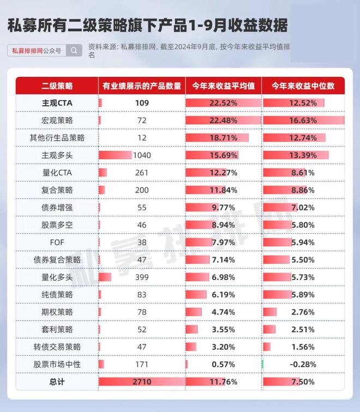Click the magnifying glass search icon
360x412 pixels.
(x=74, y=51)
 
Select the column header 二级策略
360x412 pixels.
(x=57, y=86)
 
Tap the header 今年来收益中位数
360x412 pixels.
(x=303, y=86)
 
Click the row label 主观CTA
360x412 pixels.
(x=57, y=103)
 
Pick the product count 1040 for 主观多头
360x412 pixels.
(x=142, y=155)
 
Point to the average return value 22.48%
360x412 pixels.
(x=223, y=120)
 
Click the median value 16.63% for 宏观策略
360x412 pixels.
(x=303, y=120)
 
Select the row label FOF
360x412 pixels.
(x=57, y=243)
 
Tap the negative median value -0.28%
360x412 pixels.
(x=303, y=365)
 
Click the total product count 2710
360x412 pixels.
(x=142, y=382)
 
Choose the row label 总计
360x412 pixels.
(x=57, y=382)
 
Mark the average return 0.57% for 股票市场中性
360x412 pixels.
(x=223, y=365)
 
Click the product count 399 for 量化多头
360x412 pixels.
(x=142, y=277)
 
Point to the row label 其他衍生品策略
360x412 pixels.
(x=57, y=138)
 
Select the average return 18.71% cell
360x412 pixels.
(x=223, y=138)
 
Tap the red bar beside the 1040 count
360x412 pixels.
(x=115, y=155)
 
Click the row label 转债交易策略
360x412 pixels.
(x=57, y=347)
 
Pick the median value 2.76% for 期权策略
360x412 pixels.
(x=303, y=312)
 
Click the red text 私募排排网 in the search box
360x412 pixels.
(x=27, y=51)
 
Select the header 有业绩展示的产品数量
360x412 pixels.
(x=142, y=86)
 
